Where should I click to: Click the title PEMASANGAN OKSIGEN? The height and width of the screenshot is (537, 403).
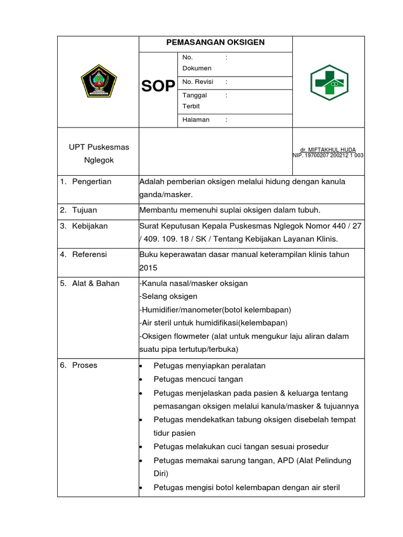[x=215, y=42]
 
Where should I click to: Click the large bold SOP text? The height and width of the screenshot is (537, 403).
[x=158, y=87]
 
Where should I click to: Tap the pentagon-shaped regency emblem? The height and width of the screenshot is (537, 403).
[x=98, y=82]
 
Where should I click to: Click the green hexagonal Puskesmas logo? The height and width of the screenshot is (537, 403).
[x=328, y=82]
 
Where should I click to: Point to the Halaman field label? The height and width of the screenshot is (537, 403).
[x=196, y=120]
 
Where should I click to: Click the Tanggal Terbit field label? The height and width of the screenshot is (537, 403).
[x=194, y=100]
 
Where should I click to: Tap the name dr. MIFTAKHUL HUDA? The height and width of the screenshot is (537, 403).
[x=328, y=149]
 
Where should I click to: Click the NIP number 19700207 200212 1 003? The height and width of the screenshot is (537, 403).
[x=328, y=156]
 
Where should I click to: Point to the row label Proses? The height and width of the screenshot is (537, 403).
[x=84, y=365]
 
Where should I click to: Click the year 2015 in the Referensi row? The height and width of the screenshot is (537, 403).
[x=148, y=267]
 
